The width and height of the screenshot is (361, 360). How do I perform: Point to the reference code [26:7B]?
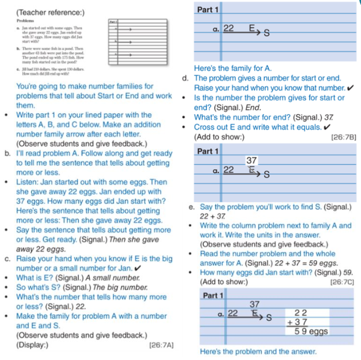coord(344,137)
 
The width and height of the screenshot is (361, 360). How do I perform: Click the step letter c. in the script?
coord(8,260)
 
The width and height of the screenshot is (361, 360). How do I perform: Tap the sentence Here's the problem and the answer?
coord(257,351)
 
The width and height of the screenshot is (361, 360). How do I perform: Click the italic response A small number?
coord(110,277)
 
